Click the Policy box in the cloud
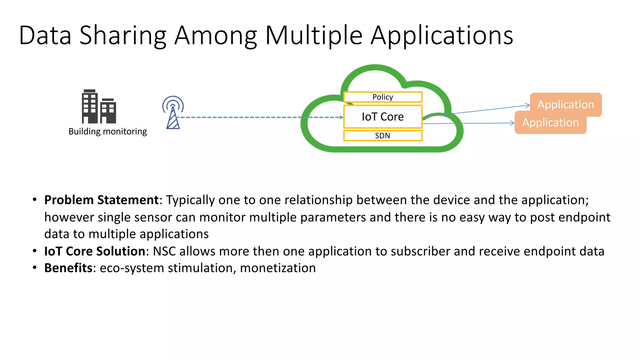[x=383, y=97]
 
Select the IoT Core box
[x=383, y=117]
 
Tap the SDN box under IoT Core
[x=383, y=136]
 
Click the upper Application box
[x=566, y=104]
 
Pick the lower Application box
[x=550, y=122]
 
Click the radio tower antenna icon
[x=173, y=112]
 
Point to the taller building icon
[x=90, y=106]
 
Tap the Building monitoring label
[x=107, y=131]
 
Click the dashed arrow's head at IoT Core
[x=342, y=117]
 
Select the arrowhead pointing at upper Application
[x=528, y=105]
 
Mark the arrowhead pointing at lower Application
[x=512, y=123]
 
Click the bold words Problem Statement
[x=102, y=200]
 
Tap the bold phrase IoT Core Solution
[x=95, y=251]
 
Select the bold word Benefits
[x=68, y=268]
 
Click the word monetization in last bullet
[x=278, y=268]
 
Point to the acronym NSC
[x=164, y=251]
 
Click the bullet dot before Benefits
[x=35, y=267]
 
